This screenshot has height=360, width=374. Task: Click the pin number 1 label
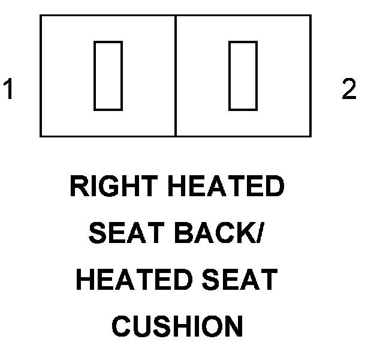[8, 91]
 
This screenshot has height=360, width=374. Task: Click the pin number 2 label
[348, 91]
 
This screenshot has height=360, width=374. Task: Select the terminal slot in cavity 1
[108, 76]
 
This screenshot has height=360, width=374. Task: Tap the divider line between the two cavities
[176, 76]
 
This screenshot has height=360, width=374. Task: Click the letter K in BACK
[245, 235]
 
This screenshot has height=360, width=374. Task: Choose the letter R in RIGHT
[79, 188]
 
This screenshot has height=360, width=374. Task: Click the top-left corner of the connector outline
[41, 16]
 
